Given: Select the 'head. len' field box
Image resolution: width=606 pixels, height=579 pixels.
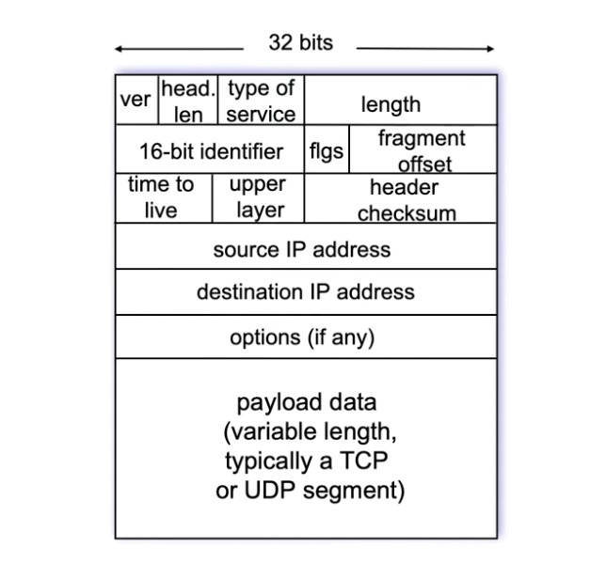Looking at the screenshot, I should click(188, 101).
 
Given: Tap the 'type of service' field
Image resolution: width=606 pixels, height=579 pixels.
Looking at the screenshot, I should click(261, 101).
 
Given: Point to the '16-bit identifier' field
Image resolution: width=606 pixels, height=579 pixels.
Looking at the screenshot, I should click(211, 151).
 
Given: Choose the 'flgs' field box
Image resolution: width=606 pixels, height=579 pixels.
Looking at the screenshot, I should click(327, 151).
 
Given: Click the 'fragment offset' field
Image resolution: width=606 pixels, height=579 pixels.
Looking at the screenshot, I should click(422, 151).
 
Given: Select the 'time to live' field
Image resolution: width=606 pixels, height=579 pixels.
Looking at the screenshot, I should click(161, 197).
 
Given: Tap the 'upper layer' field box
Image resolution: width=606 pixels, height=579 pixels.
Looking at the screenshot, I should click(259, 197).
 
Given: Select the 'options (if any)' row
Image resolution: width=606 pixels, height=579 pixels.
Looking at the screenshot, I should click(302, 336).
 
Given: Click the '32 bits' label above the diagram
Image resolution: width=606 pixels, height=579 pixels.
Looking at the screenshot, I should click(300, 43).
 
